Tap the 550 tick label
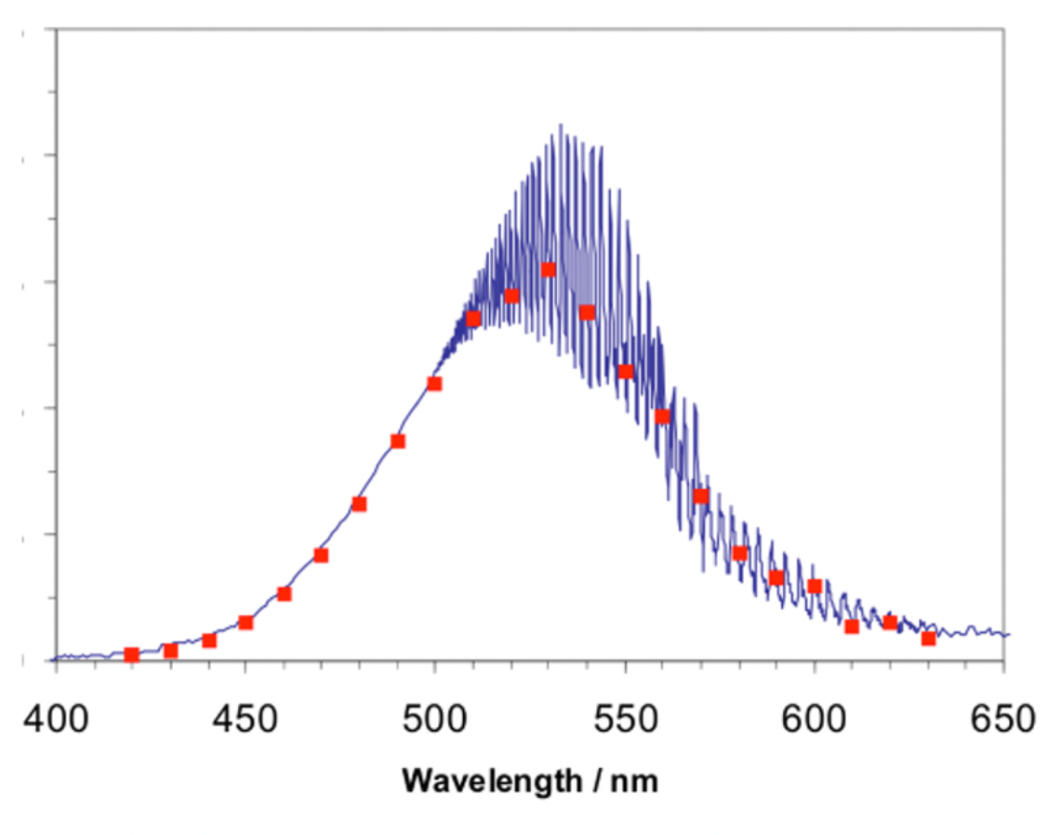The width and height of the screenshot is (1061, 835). (x=625, y=719)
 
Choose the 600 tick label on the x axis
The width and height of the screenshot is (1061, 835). (x=815, y=719)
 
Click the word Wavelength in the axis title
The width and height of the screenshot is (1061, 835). (x=489, y=780)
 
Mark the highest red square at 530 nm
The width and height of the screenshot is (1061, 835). (x=549, y=270)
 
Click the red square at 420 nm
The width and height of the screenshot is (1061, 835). (x=132, y=655)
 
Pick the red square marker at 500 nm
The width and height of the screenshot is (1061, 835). (x=434, y=383)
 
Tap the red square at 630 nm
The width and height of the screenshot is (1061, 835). (x=928, y=639)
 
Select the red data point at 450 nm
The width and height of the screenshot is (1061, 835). (x=245, y=622)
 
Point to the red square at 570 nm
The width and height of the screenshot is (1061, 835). (x=701, y=496)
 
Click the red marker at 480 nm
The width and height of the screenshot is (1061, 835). (x=359, y=504)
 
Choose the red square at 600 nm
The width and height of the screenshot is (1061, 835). (x=815, y=586)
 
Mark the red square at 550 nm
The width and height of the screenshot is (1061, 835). (x=626, y=371)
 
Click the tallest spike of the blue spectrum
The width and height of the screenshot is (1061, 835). (x=561, y=125)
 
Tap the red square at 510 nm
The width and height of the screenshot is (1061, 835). (x=473, y=319)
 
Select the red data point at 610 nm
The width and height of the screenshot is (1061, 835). (x=852, y=627)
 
